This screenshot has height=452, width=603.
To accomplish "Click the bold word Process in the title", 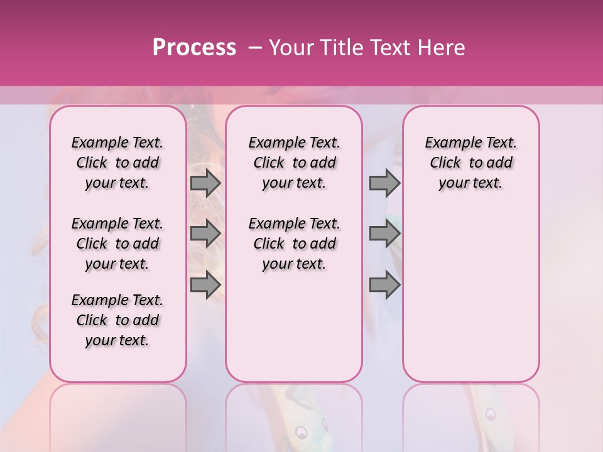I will (194, 48).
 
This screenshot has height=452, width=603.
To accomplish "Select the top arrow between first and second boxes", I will (205, 183).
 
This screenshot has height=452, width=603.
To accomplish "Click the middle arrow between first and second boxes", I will (205, 234).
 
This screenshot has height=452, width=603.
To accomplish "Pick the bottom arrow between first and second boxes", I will (205, 285).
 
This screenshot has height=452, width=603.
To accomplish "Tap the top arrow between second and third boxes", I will (384, 183).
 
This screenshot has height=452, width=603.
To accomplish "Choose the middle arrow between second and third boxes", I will (384, 234).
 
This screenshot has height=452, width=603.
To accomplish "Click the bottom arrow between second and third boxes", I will (384, 285).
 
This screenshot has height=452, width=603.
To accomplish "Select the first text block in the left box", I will (117, 163).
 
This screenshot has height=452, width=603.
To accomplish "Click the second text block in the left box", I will (117, 244).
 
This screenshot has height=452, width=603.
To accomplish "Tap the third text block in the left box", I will (117, 320).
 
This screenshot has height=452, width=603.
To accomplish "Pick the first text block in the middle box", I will (294, 163).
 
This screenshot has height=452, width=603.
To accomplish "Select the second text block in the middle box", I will (294, 244).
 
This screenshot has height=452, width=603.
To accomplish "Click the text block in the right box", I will (470, 163).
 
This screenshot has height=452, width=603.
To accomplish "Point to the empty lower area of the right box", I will (470, 295).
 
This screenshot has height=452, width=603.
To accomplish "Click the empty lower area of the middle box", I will (294, 326).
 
